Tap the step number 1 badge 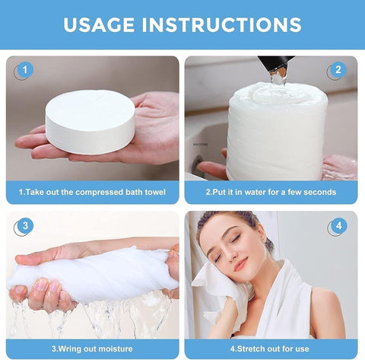pyautogui.click(x=24, y=71)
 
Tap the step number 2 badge pyautogui.click(x=338, y=71)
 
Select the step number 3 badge pyautogui.click(x=24, y=226)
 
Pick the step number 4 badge pyautogui.click(x=338, y=227)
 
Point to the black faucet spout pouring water pyautogui.click(x=273, y=65)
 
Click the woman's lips pyautogui.click(x=240, y=266)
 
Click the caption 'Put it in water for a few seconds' pyautogui.click(x=271, y=193)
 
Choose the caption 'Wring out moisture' pyautogui.click(x=93, y=349)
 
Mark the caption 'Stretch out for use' pyautogui.click(x=271, y=349)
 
